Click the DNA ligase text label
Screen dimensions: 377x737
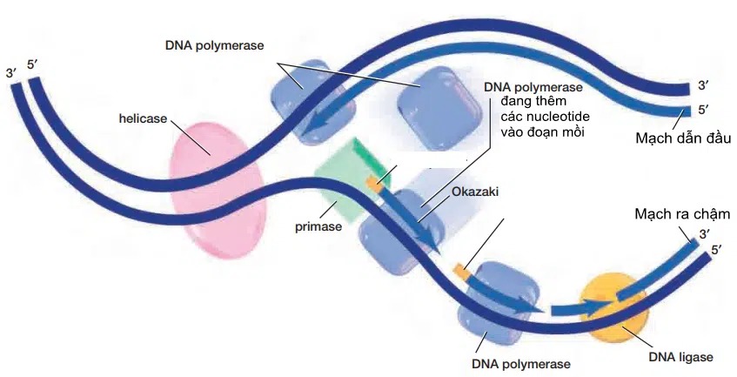click(x=681, y=357)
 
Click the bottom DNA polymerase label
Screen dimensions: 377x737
click(x=521, y=362)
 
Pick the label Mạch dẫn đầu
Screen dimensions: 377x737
click(x=682, y=138)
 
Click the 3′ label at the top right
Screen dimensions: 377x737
click(x=704, y=87)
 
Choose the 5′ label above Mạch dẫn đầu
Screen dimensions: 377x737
click(x=704, y=111)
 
